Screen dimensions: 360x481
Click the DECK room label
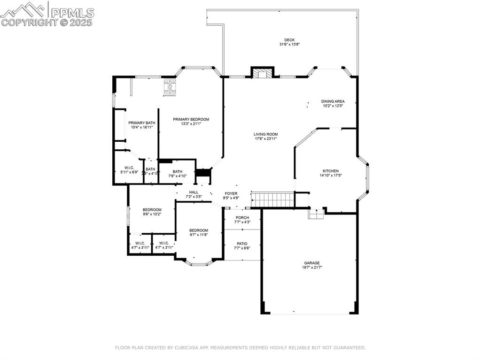coord(289,40)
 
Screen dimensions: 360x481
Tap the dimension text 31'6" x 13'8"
coord(289,45)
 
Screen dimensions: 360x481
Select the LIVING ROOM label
coord(266,134)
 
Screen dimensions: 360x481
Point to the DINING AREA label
coord(333,101)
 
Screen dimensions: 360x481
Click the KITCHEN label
coord(330,171)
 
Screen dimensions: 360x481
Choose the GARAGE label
coord(311,263)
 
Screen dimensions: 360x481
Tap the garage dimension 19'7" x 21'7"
coord(311,268)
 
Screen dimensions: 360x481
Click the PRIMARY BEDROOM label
coord(191,119)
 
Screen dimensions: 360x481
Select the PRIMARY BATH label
coord(142,123)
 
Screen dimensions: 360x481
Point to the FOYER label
coord(231,193)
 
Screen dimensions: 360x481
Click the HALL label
coord(194,192)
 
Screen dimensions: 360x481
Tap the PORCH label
coord(242,218)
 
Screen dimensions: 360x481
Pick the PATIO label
coord(242,244)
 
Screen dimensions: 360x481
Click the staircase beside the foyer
coord(272,199)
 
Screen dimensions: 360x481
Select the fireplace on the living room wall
coord(262,73)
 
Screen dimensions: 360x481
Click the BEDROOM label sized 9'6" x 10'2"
coord(152,210)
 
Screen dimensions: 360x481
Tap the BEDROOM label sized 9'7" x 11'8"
coord(199,230)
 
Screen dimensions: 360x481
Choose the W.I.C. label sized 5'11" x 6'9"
coord(130,168)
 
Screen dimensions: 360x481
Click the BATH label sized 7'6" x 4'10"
coord(178,172)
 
